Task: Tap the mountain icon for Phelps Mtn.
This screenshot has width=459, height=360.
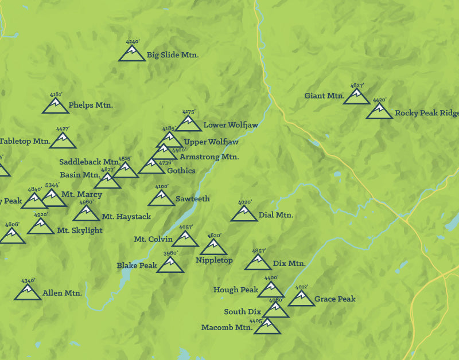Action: pos(56,106)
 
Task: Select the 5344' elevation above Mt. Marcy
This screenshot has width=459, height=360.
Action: pos(52,185)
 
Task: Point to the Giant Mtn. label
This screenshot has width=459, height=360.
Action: pos(324,96)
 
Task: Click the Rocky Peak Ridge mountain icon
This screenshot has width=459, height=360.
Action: pos(379,112)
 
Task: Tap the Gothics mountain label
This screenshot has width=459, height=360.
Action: pos(181,171)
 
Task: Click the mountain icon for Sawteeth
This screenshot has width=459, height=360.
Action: pos(161,198)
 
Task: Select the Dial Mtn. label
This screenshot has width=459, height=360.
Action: pos(276,215)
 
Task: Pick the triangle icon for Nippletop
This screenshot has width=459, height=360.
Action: pos(214,248)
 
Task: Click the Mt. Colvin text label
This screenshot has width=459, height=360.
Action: pos(153,239)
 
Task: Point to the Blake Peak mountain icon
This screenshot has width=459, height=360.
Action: pos(170,265)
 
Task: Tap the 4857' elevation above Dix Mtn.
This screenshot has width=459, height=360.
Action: pos(259,251)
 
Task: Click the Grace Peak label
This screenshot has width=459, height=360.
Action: pos(335,299)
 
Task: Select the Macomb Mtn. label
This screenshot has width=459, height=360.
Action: pos(227,328)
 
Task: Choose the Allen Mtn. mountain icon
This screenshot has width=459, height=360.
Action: pos(28,293)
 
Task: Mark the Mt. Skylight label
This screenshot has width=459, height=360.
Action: pos(80,230)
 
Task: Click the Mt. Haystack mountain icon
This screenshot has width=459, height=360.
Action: pos(87,214)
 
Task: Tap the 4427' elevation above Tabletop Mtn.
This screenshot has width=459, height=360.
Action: pos(63,129)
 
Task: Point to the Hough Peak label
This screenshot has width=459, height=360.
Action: pos(236,290)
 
